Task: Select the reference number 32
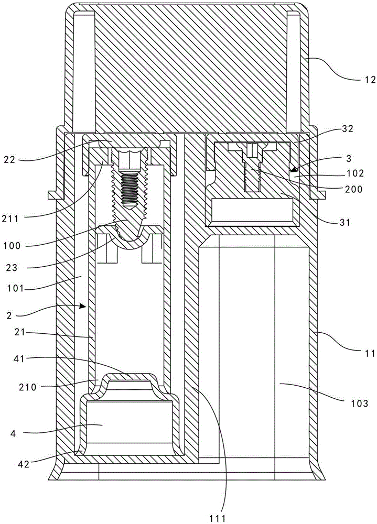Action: click(348, 129)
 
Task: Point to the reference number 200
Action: click(354, 189)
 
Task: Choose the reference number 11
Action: click(370, 353)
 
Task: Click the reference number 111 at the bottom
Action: click(218, 518)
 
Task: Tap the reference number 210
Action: click(28, 388)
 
